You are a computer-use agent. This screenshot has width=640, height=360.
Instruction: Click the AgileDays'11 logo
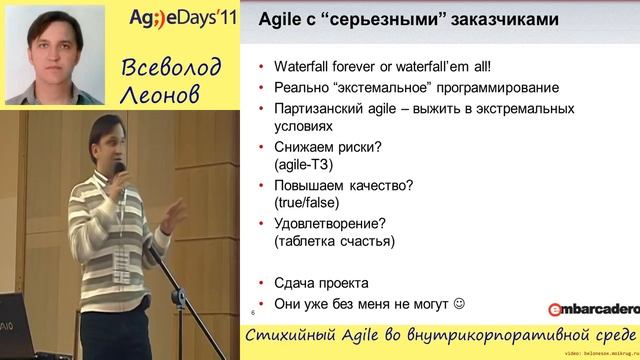(x=184, y=20)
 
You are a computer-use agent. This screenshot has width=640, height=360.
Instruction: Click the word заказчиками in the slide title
(x=499, y=19)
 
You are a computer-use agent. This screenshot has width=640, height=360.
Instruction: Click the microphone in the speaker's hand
(x=119, y=170)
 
